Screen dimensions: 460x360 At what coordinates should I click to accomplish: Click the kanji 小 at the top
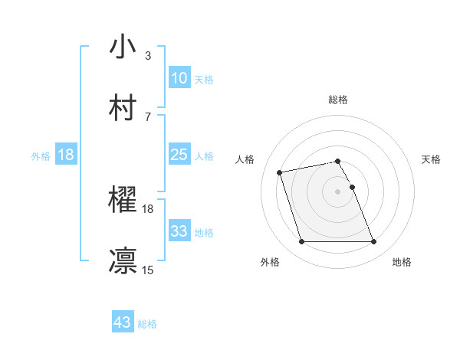[123, 47]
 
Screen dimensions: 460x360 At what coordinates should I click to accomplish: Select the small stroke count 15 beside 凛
[148, 270]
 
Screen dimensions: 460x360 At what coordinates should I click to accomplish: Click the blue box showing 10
[179, 78]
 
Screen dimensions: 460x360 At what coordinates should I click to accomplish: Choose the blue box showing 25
[179, 155]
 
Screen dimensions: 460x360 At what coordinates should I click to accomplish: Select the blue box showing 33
[179, 231]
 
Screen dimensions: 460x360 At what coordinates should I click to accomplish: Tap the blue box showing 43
[122, 323]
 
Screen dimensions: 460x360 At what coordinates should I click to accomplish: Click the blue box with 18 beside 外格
[66, 155]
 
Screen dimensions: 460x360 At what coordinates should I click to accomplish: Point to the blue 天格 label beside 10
[203, 79]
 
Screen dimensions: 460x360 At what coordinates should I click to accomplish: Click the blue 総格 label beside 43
[147, 324]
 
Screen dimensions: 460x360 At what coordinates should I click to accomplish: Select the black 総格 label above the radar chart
[338, 100]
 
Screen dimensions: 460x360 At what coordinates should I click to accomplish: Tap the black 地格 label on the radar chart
[402, 263]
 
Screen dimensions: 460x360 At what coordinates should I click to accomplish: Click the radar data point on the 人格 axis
[280, 172]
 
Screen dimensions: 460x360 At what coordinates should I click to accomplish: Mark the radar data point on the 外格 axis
[301, 242]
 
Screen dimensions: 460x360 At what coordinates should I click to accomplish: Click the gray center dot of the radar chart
[338, 191]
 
